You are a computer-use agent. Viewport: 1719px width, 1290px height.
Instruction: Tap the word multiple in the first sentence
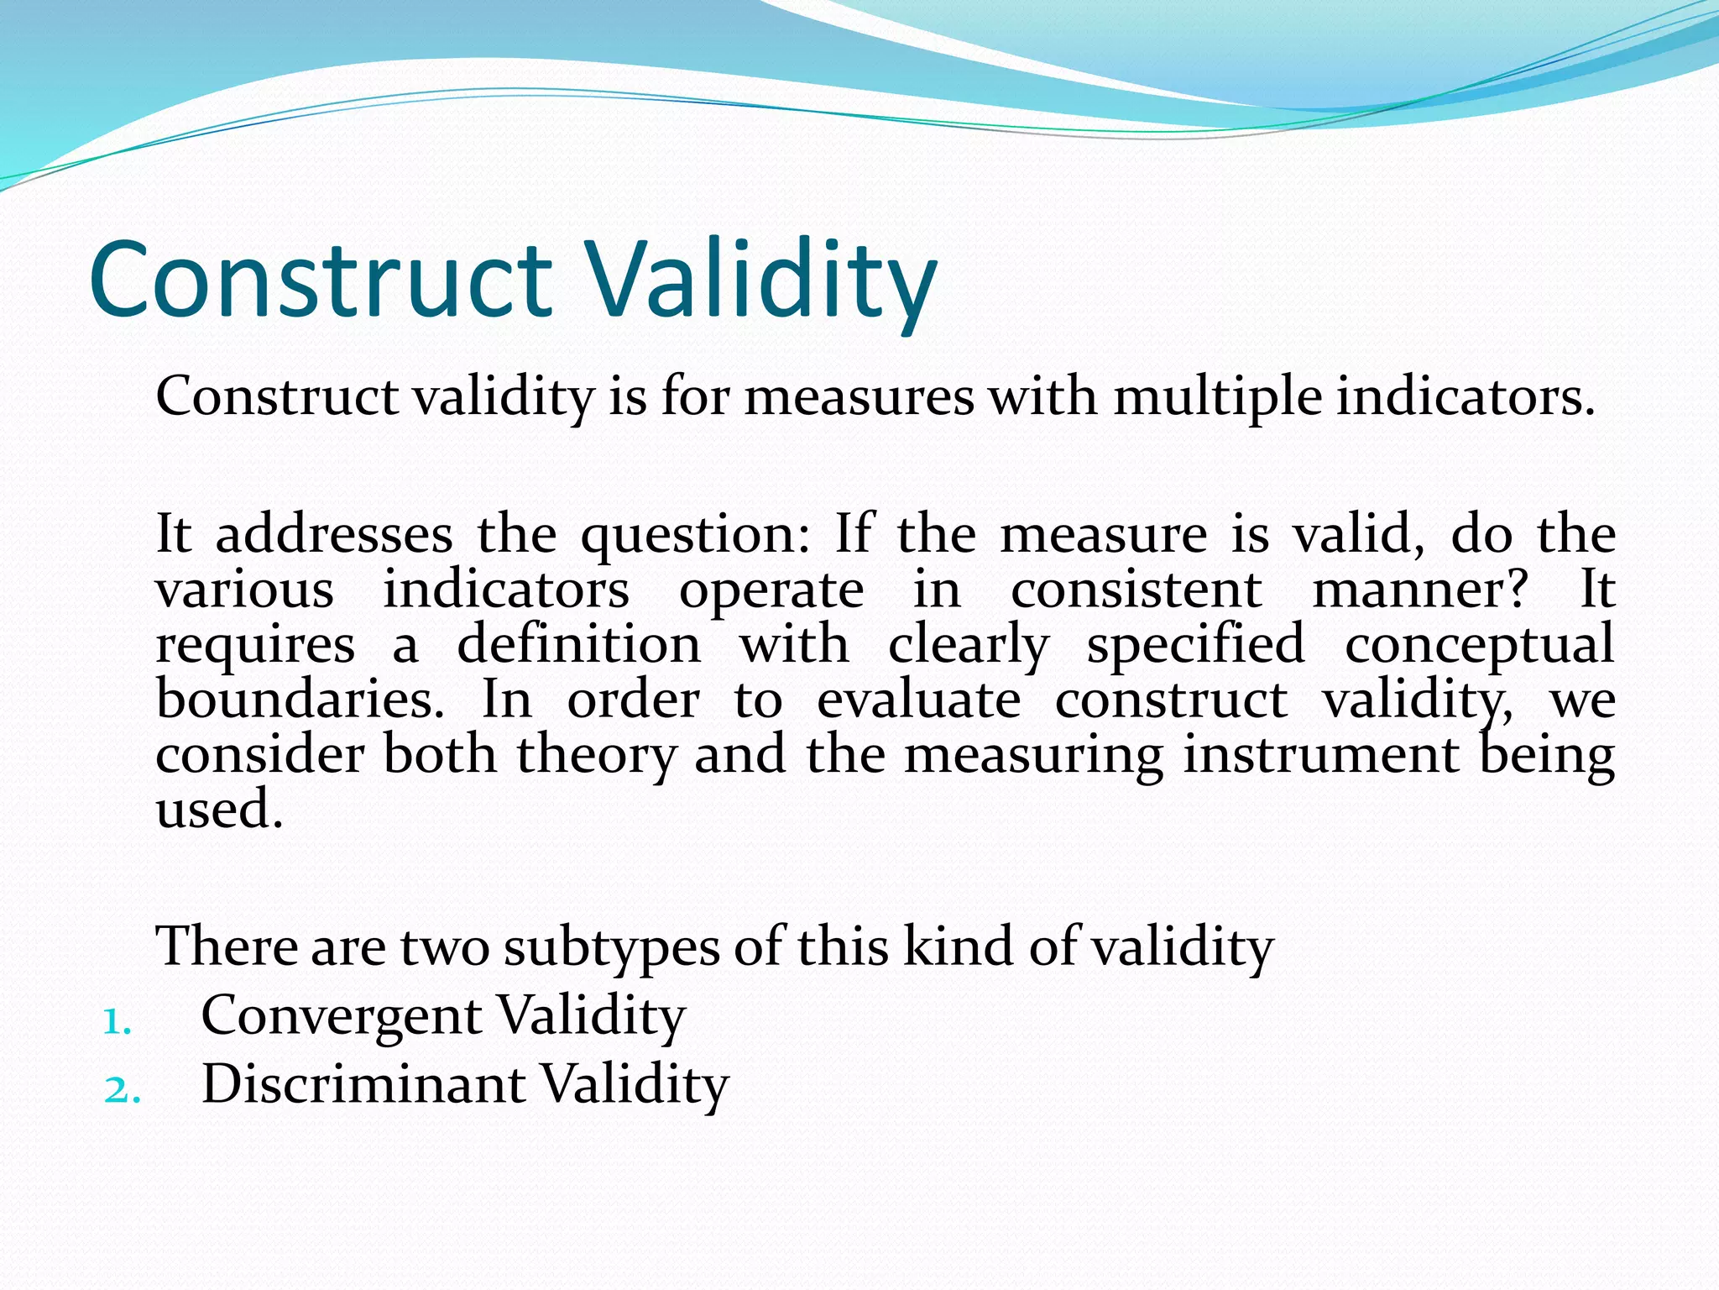1217,396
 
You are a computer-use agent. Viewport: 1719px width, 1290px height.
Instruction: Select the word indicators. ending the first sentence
1466,396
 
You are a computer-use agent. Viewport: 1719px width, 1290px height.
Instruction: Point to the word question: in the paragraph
696,536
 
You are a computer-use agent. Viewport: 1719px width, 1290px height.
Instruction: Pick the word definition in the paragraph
578,645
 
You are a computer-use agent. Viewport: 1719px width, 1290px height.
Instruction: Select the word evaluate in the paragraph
918,700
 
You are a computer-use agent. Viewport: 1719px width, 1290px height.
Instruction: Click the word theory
596,754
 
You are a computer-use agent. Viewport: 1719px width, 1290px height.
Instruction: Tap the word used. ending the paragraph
220,810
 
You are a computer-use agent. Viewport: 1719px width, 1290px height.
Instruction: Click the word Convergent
341,1016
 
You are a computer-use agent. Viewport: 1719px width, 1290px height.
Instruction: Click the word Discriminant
363,1084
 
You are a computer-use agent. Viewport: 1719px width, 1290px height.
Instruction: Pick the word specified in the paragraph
1196,645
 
